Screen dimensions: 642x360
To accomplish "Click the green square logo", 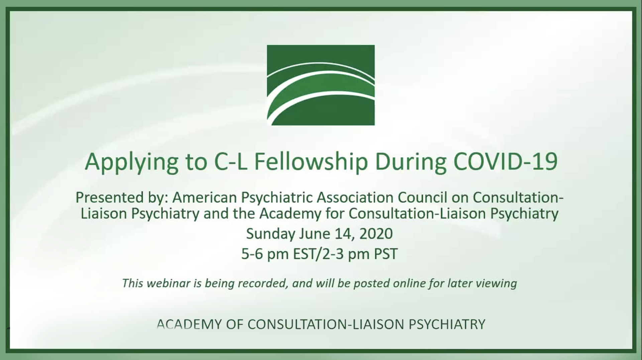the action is [321, 85].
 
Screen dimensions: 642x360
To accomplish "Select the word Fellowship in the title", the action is [311, 162].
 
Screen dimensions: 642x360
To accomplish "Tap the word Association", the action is [355, 197].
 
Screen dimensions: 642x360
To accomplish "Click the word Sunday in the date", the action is [271, 234].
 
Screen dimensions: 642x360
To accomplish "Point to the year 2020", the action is [376, 234].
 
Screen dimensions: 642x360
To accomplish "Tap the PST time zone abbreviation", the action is [386, 254].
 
